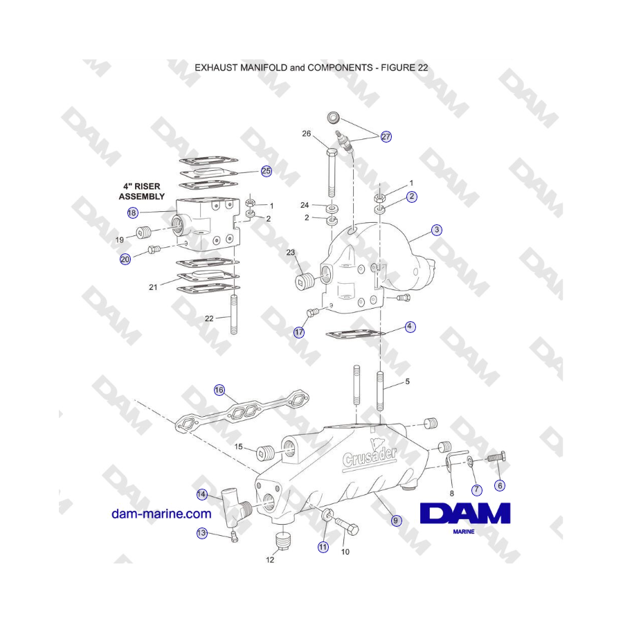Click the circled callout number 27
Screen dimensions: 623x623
(x=386, y=136)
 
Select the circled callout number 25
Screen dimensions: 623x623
(x=266, y=171)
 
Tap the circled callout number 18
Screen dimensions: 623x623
(x=132, y=213)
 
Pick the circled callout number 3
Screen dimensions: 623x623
(x=437, y=230)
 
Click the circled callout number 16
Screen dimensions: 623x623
(x=219, y=390)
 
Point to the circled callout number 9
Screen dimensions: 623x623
(x=396, y=521)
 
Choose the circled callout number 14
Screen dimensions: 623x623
(x=202, y=494)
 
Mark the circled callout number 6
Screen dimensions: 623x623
(x=500, y=485)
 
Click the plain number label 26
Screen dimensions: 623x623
(x=307, y=134)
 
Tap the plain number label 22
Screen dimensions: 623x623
(x=209, y=318)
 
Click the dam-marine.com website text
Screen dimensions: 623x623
(x=161, y=514)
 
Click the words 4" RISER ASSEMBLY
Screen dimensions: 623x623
(x=141, y=191)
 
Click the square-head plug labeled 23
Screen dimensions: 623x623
(x=305, y=280)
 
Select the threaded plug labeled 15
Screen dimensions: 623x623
(x=267, y=453)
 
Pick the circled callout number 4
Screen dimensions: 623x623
(x=410, y=327)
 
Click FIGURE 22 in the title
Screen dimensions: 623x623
(x=404, y=68)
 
